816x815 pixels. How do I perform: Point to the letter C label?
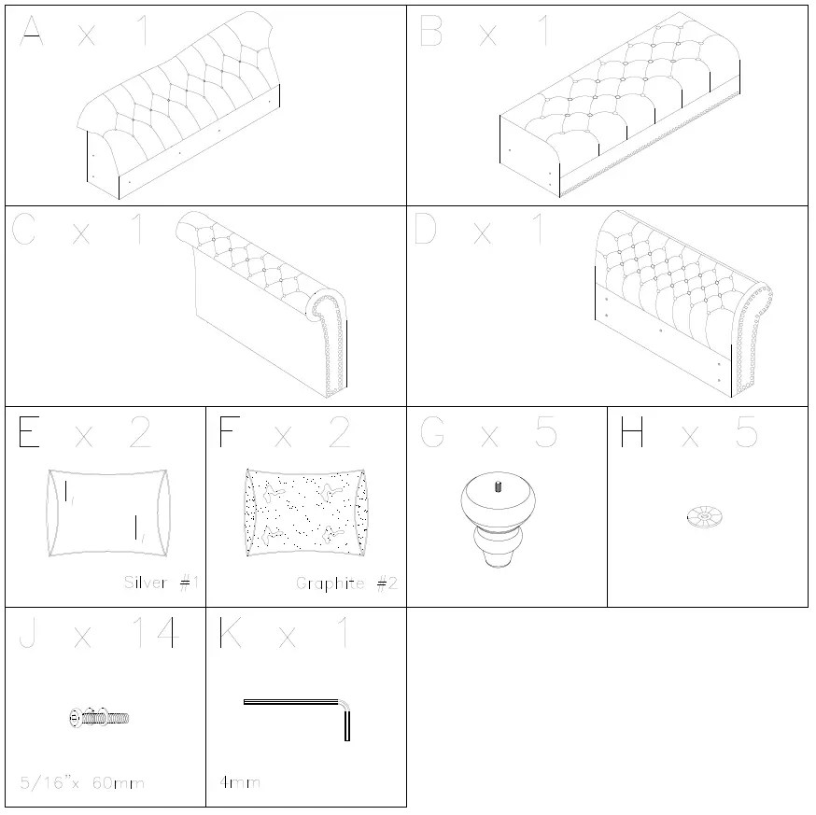pyautogui.click(x=24, y=230)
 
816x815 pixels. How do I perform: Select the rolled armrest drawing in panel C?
pyautogui.click(x=271, y=299)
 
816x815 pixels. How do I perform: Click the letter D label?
pyautogui.click(x=425, y=230)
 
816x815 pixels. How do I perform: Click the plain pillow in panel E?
pyautogui.click(x=108, y=513)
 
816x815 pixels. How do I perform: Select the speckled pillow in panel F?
pyautogui.click(x=305, y=513)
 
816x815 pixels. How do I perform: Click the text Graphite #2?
pyautogui.click(x=346, y=583)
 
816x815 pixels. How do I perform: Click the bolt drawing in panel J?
pyautogui.click(x=99, y=717)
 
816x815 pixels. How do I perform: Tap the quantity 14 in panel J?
pyautogui.click(x=152, y=635)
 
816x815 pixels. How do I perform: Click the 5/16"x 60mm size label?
pyautogui.click(x=82, y=782)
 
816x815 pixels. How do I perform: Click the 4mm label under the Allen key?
pyautogui.click(x=240, y=782)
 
